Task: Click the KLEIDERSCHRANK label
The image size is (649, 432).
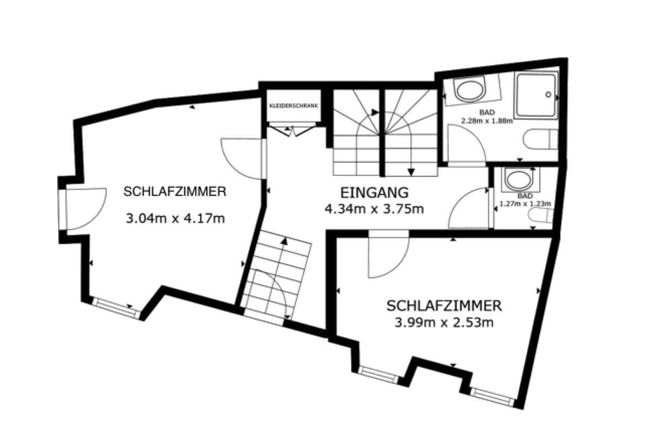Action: pos(294,106)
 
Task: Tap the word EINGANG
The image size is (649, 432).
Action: pos(374,193)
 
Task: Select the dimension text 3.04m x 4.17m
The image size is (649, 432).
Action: pos(175,219)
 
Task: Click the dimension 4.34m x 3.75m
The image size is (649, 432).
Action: pos(374,208)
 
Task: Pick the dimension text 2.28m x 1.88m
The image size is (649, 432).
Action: pos(487,120)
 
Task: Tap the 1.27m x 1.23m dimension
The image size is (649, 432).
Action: pos(525,204)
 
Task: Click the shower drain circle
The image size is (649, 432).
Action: pos(548,94)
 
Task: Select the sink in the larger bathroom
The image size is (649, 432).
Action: pos(469,90)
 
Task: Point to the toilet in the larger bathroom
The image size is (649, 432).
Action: pos(540,139)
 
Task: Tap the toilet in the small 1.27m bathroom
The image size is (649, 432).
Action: pos(541,216)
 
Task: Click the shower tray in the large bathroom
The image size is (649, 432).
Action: pos(537,95)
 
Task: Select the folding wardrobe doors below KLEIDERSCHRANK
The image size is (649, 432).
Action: pos(292,130)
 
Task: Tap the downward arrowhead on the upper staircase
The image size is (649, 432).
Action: pos(411,172)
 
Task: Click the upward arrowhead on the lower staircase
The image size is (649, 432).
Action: pos(284,241)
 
